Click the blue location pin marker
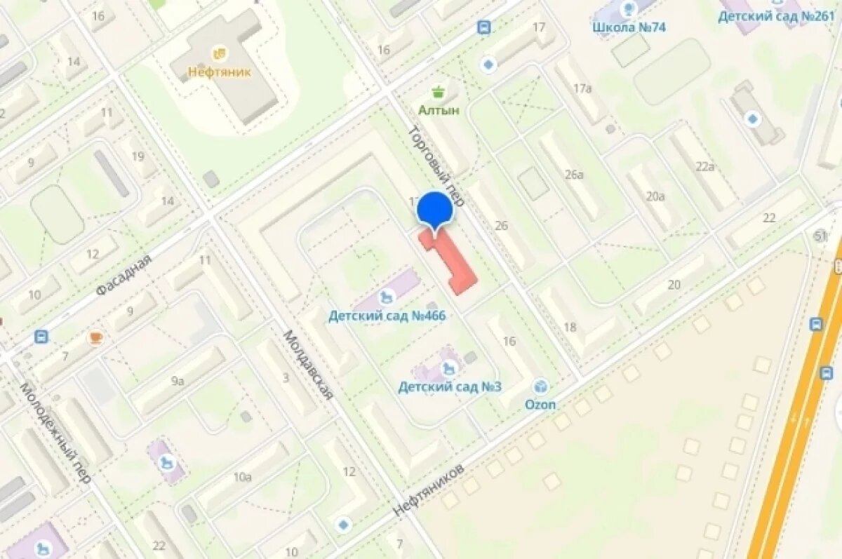(x=435, y=210)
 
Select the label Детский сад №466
(x=387, y=316)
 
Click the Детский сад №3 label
(x=450, y=386)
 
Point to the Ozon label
(x=540, y=405)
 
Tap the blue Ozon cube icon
(x=540, y=386)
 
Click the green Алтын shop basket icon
(x=439, y=92)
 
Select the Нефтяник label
(x=219, y=71)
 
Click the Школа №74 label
(x=629, y=27)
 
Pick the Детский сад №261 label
(x=775, y=16)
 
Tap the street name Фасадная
(x=123, y=275)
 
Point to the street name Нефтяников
(x=429, y=490)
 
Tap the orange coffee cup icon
(x=95, y=338)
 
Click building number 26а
(x=574, y=174)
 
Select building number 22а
(x=704, y=166)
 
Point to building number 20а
(x=655, y=196)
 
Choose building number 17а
(x=582, y=88)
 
